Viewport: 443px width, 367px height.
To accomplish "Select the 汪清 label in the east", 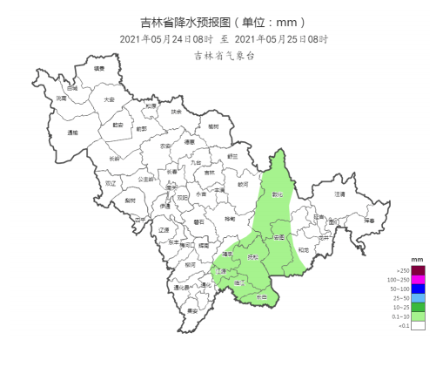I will click(339, 194).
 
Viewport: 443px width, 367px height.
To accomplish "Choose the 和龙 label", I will click(302, 250).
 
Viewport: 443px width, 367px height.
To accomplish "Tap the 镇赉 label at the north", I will click(100, 68).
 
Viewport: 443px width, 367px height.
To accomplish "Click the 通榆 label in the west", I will click(72, 133).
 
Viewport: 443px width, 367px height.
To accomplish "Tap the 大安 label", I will click(109, 99).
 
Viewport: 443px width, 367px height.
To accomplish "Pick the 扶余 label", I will click(176, 112).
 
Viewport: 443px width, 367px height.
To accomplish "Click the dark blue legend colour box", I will click(417, 289).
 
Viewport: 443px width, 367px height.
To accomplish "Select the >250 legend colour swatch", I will click(417, 270).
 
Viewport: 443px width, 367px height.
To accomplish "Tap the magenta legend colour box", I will click(417, 279).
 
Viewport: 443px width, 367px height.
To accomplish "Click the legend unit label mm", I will click(417, 260).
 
